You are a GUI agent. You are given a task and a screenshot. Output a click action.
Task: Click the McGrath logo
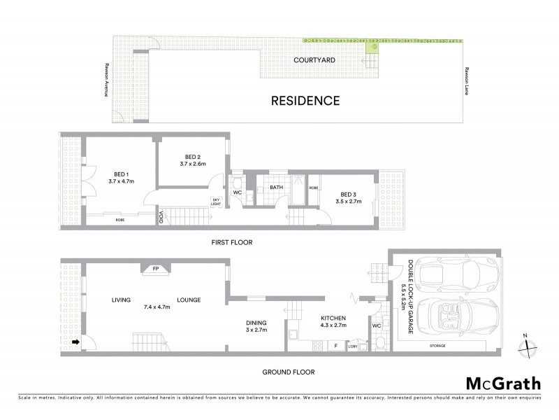[x=502, y=383]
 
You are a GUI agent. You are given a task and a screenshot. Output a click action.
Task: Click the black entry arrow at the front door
[x=75, y=342]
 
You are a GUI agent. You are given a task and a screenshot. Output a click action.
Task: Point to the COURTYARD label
[x=314, y=60]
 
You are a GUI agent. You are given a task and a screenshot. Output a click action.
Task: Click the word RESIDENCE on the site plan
[x=305, y=101]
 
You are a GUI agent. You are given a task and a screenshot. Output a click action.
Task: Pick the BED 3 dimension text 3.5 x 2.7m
[x=351, y=202]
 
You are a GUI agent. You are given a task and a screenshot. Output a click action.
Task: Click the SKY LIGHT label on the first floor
[x=216, y=202]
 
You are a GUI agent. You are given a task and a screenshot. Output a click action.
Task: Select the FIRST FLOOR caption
[x=231, y=242]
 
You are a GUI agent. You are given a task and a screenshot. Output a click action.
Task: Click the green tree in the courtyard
[x=372, y=45]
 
